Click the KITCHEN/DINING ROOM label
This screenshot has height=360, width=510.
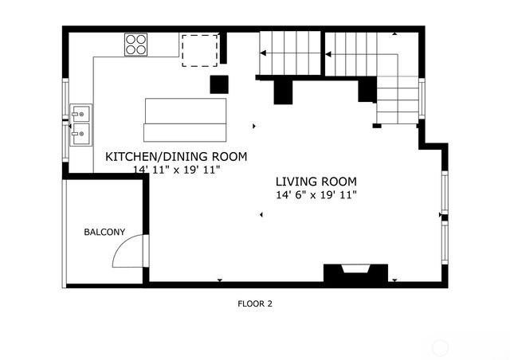[176, 156]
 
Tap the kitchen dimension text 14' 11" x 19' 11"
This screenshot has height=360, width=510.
[176, 170]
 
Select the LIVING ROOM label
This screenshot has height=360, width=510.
[316, 181]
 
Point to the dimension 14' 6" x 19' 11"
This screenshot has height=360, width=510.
[316, 194]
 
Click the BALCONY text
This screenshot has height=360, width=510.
[104, 233]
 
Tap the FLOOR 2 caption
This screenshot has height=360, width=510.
[255, 303]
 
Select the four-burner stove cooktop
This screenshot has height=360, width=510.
[136, 45]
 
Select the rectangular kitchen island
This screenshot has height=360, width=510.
[186, 119]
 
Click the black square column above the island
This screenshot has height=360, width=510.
[219, 84]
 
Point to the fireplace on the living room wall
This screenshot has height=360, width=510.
[355, 274]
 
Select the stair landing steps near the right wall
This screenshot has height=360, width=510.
[397, 100]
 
